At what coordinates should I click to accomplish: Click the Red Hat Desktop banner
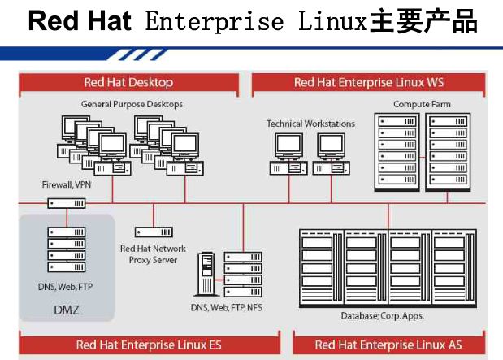point(128,83)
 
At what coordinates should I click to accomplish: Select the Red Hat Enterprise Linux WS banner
point(369,83)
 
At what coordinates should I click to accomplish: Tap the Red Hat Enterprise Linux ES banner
point(150,345)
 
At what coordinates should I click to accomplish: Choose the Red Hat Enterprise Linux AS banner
point(388,345)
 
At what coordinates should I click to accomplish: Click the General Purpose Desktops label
point(132,104)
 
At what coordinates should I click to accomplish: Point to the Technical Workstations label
point(310,124)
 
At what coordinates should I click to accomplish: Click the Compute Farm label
point(422,104)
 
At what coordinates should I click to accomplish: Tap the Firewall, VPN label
point(67,184)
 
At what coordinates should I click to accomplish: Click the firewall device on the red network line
point(67,203)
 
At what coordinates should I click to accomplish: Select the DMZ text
point(67,310)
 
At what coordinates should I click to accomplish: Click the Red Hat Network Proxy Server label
point(153,254)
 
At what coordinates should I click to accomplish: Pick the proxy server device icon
point(154,232)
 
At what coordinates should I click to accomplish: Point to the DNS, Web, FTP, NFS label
point(227,308)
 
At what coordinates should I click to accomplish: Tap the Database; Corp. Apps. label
point(383,316)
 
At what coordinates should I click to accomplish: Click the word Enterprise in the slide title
point(215,21)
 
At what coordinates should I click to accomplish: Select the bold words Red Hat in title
point(80,21)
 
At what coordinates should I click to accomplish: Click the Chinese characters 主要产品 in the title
point(423,21)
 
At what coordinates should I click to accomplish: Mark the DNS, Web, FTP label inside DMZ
point(66,287)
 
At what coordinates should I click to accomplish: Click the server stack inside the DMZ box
point(67,249)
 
